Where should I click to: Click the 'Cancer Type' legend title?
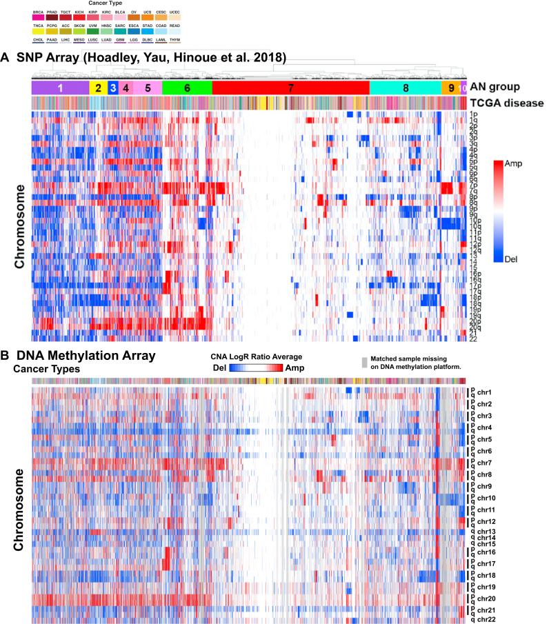(96, 3)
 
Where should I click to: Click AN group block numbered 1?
(60, 88)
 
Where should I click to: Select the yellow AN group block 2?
(98, 88)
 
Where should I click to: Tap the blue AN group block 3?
(112, 88)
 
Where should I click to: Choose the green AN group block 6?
(187, 88)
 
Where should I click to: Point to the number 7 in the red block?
(290, 88)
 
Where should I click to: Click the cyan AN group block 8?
(405, 88)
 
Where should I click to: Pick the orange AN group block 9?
(451, 88)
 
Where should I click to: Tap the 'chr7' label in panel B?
(483, 463)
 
